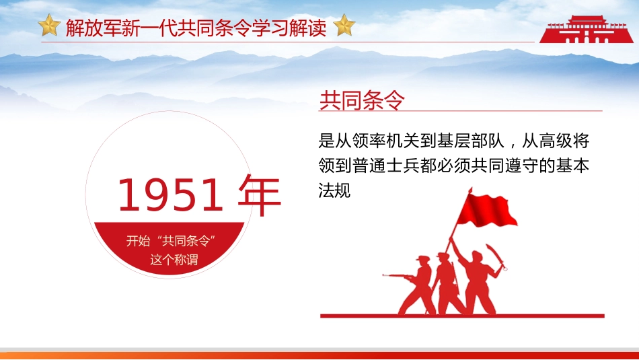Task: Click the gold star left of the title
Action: (49, 26)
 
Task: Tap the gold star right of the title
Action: (344, 26)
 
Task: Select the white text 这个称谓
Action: (174, 260)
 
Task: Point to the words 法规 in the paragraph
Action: (335, 190)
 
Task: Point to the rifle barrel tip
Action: (385, 275)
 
